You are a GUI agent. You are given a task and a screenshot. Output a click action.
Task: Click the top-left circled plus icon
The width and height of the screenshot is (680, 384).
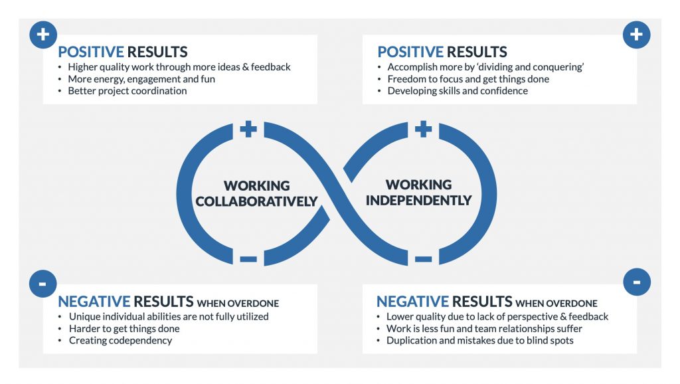pyautogui.click(x=43, y=35)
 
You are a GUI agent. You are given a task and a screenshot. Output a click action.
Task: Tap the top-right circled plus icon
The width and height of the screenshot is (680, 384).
pyautogui.click(x=636, y=35)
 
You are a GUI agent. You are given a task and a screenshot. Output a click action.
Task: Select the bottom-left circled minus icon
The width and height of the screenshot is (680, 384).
pyautogui.click(x=43, y=284)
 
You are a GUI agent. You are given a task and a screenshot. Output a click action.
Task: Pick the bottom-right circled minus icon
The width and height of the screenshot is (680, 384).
pyautogui.click(x=636, y=282)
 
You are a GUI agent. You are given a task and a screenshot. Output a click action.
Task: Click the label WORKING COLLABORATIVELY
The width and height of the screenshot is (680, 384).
pyautogui.click(x=256, y=193)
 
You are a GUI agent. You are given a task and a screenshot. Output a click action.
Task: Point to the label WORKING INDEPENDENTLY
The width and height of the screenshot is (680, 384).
pyautogui.click(x=418, y=192)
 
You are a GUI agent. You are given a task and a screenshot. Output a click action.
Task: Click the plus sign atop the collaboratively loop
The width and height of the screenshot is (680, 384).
pyautogui.click(x=248, y=129)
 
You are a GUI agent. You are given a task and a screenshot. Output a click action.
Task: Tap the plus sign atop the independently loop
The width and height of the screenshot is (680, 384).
pyautogui.click(x=423, y=129)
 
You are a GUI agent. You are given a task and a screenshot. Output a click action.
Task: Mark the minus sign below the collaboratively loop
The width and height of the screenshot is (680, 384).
pyautogui.click(x=248, y=258)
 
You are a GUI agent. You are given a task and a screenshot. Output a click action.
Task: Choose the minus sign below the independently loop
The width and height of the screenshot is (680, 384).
pyautogui.click(x=423, y=258)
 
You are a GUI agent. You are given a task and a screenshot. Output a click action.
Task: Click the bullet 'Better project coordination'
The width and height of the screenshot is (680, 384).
pyautogui.click(x=127, y=91)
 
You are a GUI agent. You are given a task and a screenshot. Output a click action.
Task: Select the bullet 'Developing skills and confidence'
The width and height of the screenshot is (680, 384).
pyautogui.click(x=458, y=91)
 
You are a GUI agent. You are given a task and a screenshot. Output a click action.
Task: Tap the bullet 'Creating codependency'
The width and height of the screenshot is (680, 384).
pyautogui.click(x=120, y=341)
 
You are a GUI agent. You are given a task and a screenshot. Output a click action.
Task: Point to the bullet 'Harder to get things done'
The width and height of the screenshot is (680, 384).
pyautogui.click(x=124, y=329)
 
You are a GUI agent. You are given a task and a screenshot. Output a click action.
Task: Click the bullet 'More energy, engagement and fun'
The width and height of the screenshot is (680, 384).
pyautogui.click(x=141, y=79)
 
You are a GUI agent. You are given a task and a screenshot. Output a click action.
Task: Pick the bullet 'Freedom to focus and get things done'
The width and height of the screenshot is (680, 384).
pyautogui.click(x=468, y=79)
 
